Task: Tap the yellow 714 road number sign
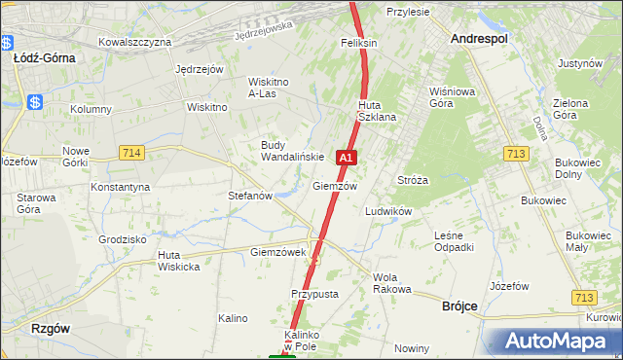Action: pos(132,153)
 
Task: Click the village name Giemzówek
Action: pos(278,252)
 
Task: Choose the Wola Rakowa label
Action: pos(392,283)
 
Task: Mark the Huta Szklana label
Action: pos(377,111)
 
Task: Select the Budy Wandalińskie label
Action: pos(285,151)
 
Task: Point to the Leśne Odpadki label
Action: pos(454,241)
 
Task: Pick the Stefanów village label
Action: pos(249,196)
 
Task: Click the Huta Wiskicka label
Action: pos(179,261)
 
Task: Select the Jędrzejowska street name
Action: pos(264,31)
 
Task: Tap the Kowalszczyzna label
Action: pos(135,43)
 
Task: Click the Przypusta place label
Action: pos(314,294)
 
